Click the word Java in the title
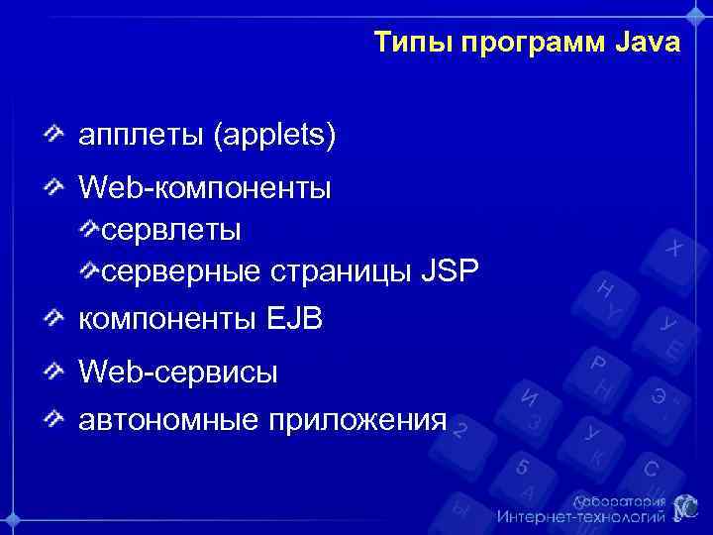pyautogui.click(x=648, y=44)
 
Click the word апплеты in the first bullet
pyautogui.click(x=141, y=135)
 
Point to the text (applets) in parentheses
pyautogui.click(x=274, y=135)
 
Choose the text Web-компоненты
pyautogui.click(x=205, y=186)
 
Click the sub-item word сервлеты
pyautogui.click(x=171, y=230)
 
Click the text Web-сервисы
pyautogui.click(x=178, y=373)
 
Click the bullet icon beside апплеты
pyautogui.click(x=56, y=134)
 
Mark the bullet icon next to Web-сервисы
pyautogui.click(x=56, y=373)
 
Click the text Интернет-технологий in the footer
pyautogui.click(x=580, y=517)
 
